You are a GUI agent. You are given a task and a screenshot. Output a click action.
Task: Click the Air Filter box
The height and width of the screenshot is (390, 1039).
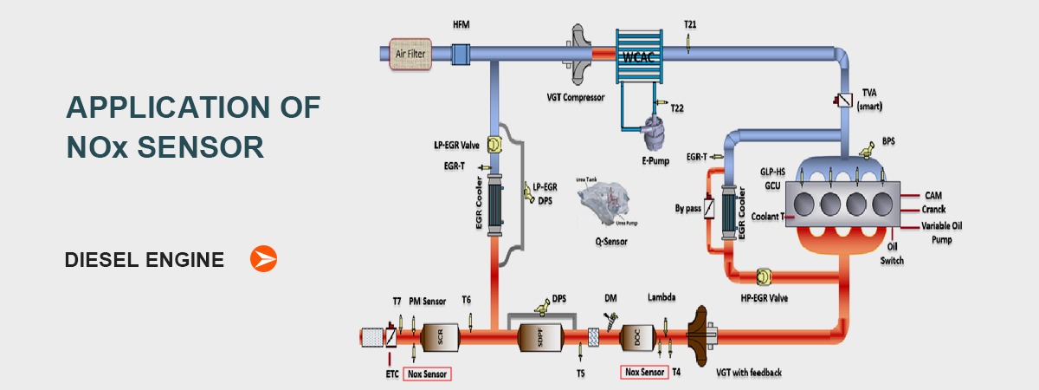coord(412,53)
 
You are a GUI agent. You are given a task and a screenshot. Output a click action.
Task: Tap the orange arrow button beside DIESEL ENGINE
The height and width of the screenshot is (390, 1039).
coord(263,258)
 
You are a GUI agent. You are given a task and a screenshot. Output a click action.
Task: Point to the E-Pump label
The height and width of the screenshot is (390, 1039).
coord(657,160)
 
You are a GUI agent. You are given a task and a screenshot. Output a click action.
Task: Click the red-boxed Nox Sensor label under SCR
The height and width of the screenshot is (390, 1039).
coord(427,374)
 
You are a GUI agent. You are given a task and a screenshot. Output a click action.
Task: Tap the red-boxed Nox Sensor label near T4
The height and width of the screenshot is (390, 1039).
coord(645,373)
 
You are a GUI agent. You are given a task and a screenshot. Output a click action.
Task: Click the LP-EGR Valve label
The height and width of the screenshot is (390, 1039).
coord(457,146)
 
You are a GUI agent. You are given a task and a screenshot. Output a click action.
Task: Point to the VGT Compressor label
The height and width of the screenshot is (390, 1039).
coord(575,99)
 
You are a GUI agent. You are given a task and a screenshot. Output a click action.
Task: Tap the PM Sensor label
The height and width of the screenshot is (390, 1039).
coord(427,301)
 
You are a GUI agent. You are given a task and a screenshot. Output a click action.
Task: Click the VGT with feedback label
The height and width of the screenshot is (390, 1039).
coord(749,373)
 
